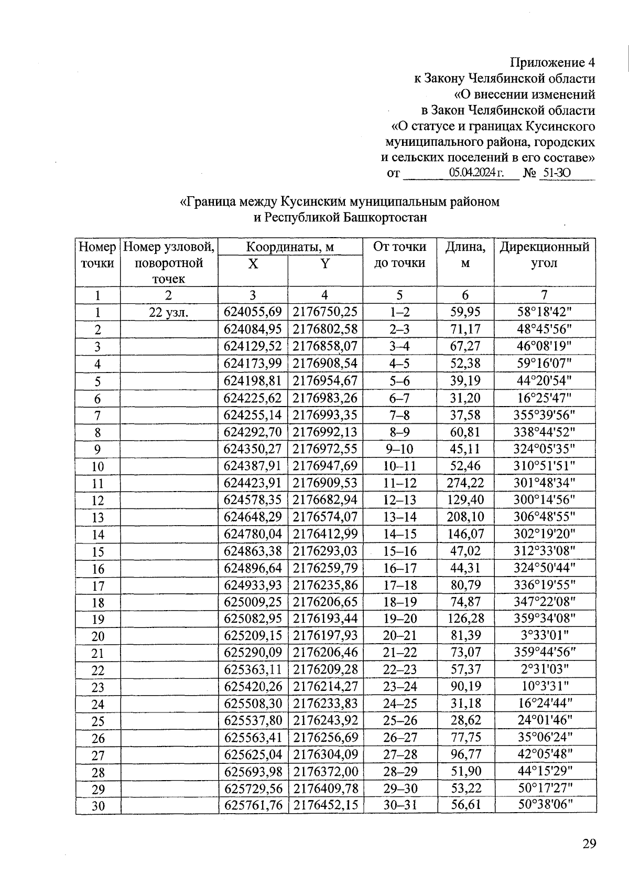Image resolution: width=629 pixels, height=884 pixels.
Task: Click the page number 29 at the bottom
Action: [589, 844]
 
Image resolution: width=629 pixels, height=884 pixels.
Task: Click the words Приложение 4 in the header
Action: [554, 63]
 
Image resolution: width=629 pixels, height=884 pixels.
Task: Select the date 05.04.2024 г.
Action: [476, 173]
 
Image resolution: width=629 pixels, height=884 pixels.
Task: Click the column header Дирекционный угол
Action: [545, 254]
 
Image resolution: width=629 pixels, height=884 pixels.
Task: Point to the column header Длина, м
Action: [465, 254]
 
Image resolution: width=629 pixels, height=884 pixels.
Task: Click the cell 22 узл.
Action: [169, 313]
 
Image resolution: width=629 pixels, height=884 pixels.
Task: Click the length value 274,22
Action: [465, 483]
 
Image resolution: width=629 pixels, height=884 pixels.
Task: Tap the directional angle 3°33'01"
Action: [545, 635]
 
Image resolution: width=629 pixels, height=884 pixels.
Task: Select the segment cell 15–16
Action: [399, 551]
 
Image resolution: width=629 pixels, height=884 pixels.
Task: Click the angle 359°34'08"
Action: [545, 619]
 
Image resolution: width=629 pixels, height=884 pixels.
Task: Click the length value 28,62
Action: [465, 720]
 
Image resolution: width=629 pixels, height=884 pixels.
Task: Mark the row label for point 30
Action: [98, 806]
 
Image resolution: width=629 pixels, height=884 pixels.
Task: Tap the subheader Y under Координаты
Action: [325, 264]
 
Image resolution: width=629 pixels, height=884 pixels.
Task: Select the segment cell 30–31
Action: [399, 805]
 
